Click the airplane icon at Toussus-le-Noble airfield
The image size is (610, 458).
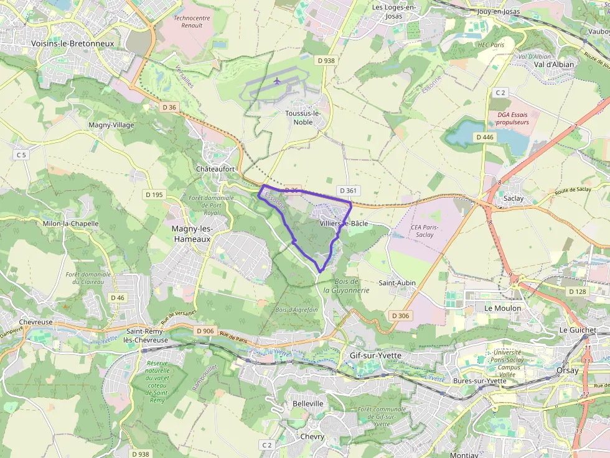click(278, 81)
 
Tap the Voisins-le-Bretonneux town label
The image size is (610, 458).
click(72, 44)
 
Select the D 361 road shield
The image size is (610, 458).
click(347, 190)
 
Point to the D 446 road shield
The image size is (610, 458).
click(484, 137)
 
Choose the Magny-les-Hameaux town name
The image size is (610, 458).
click(192, 234)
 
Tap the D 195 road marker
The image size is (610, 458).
click(154, 195)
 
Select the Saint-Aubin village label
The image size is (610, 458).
click(397, 283)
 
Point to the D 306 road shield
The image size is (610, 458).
click(401, 316)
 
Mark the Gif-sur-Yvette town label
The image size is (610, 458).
click(375, 355)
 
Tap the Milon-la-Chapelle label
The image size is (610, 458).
click(70, 224)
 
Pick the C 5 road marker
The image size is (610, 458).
click(22, 154)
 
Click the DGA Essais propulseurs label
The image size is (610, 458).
click(513, 119)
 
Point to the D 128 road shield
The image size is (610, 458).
click(577, 291)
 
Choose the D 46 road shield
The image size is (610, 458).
click(118, 298)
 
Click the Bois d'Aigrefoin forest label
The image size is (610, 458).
click(296, 309)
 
